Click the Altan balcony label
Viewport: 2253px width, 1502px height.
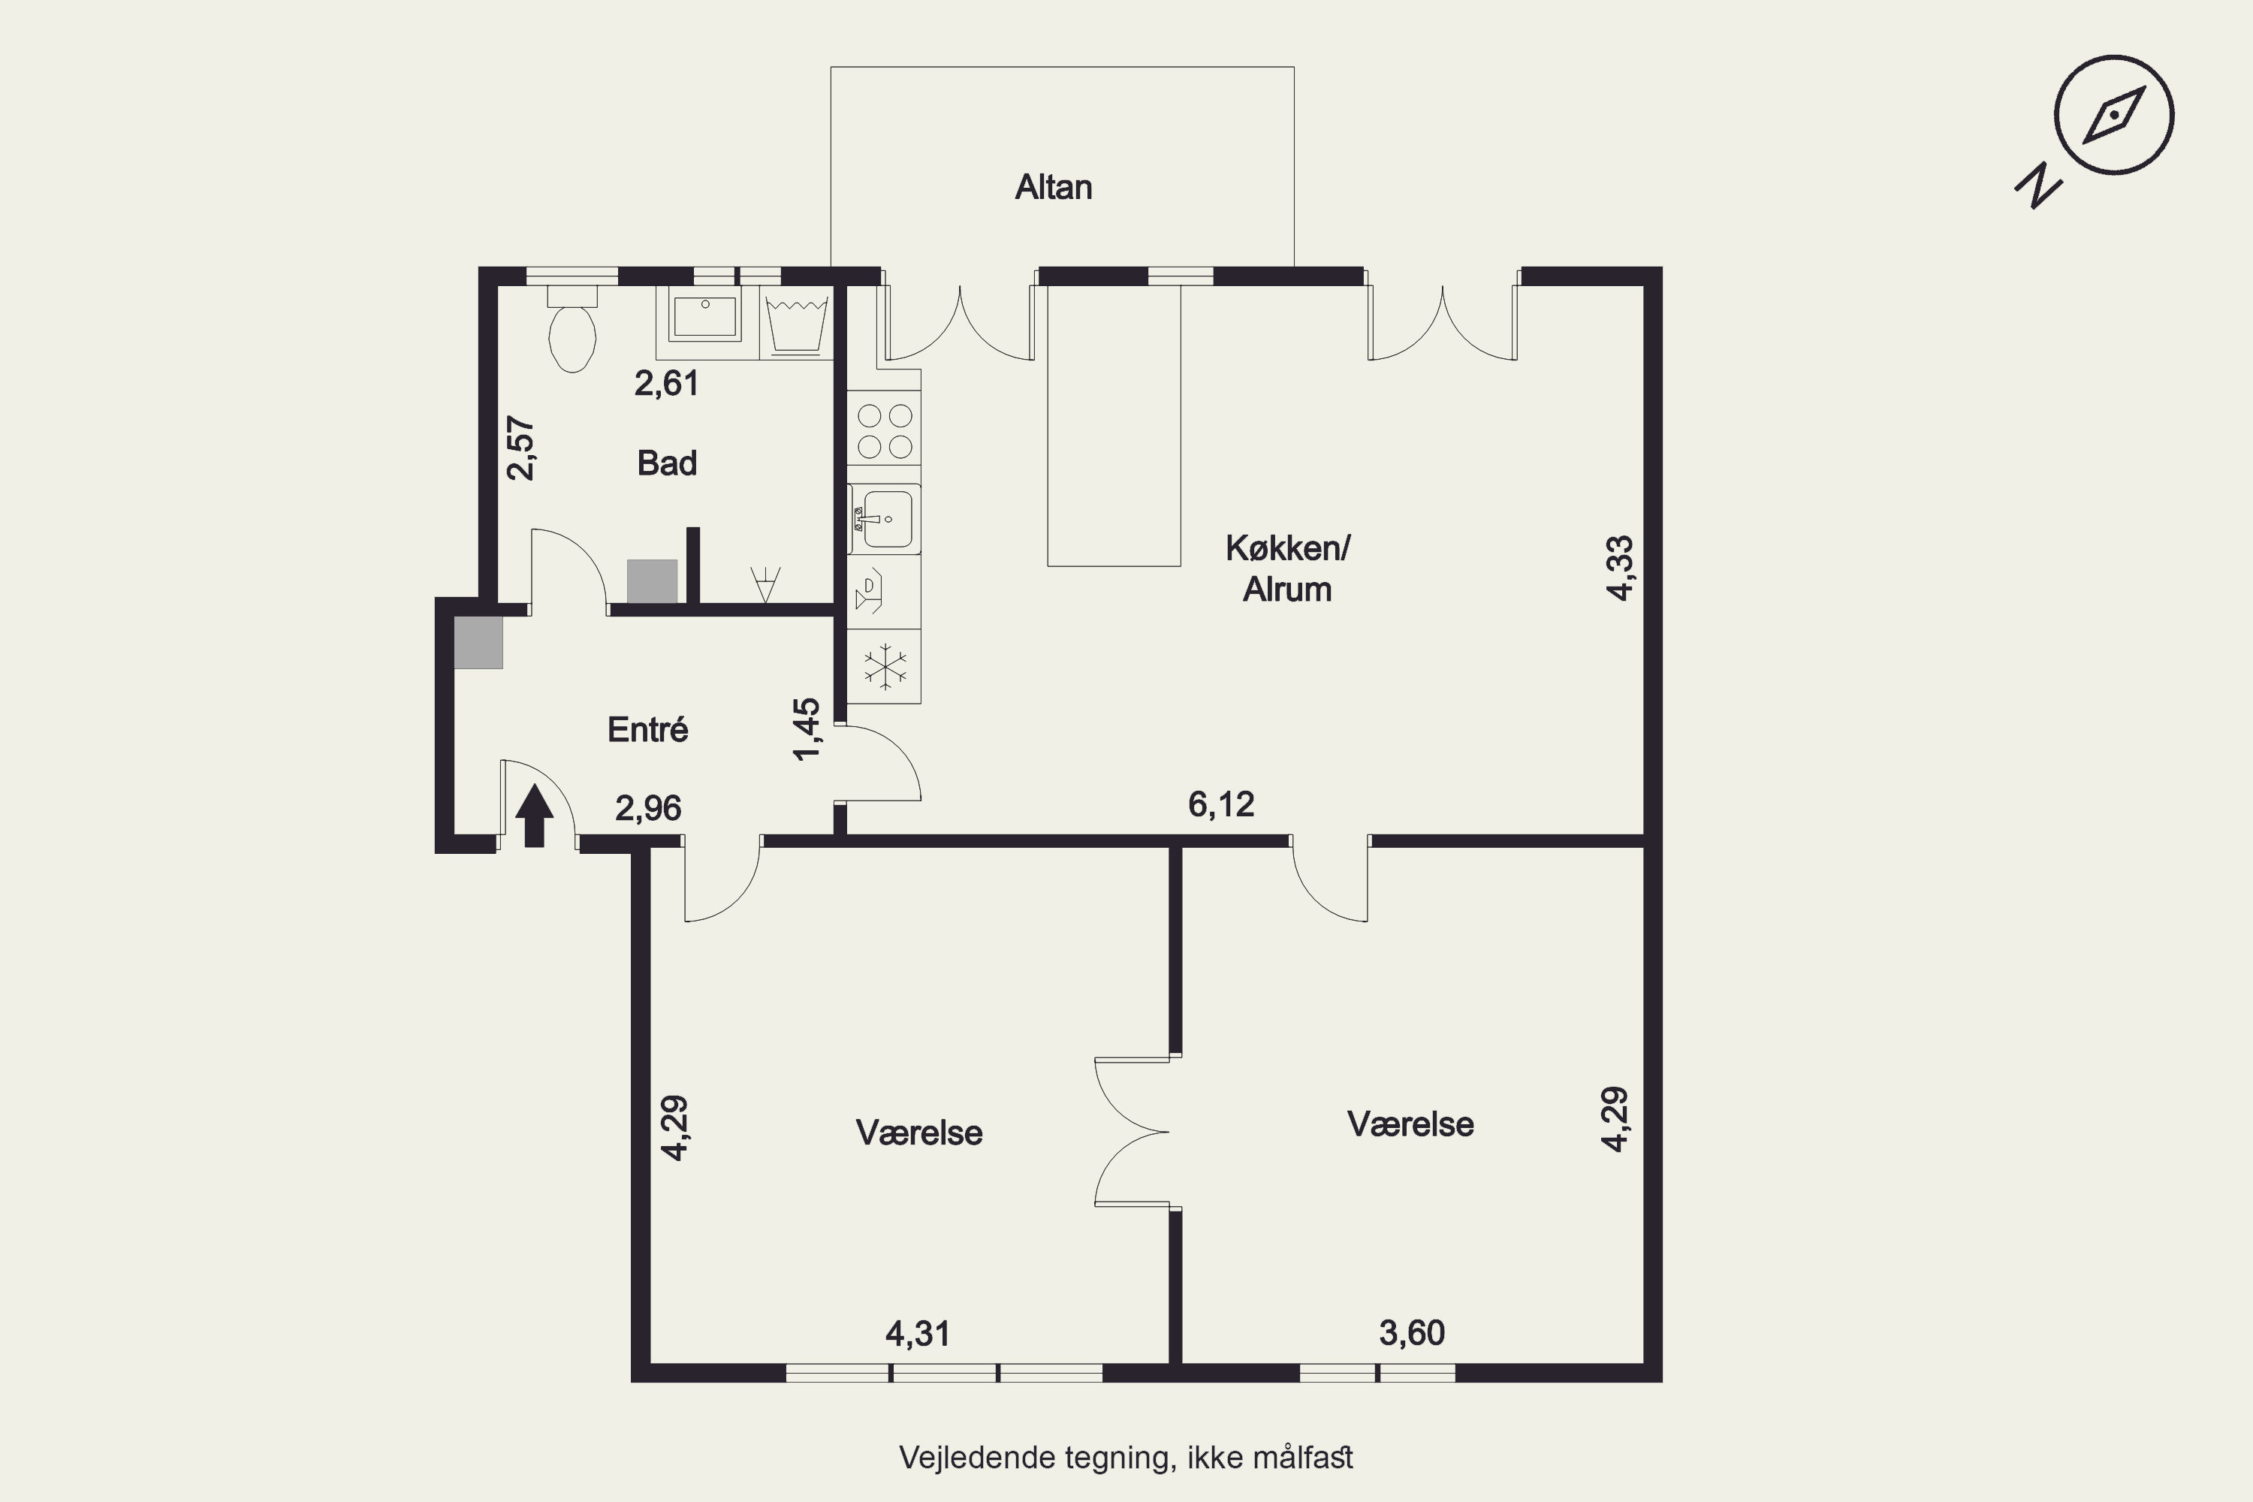(1054, 187)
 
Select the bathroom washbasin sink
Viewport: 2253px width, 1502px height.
(705, 317)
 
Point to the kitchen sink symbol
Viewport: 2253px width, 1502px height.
(884, 519)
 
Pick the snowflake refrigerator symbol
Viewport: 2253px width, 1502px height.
(886, 665)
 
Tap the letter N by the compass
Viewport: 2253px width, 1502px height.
(2037, 187)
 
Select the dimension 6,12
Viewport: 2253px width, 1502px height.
(1221, 804)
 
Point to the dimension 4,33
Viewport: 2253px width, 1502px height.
(1620, 568)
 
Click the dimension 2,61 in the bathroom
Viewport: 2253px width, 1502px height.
(667, 383)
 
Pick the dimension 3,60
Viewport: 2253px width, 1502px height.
(1412, 1332)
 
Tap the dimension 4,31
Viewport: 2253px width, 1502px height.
(918, 1334)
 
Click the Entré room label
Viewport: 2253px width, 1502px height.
(647, 730)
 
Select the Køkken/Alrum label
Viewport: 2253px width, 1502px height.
(1287, 569)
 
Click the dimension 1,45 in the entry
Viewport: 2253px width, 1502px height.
(807, 729)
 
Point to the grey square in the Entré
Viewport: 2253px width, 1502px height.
(478, 643)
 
